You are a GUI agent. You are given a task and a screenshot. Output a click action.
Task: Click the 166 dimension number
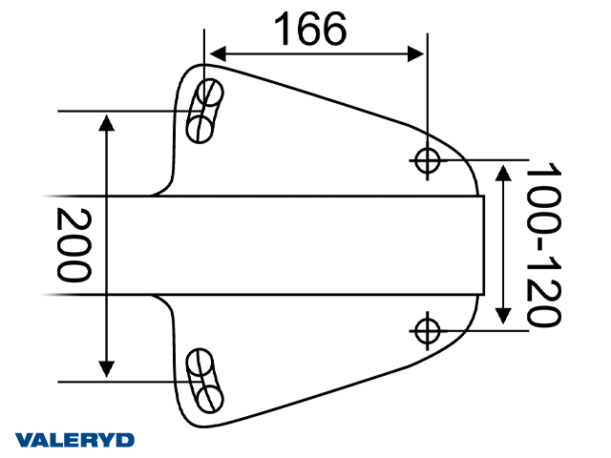coord(310,30)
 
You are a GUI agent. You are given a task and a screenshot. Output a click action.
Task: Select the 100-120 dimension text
coord(542,245)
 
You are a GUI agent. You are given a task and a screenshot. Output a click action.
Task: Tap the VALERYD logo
coord(75,440)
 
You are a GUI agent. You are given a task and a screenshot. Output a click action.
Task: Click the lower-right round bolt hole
coord(427,329)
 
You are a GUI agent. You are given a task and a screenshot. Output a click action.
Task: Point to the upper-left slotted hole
coord(204,111)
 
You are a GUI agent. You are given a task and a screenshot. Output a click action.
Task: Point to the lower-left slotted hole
coord(203,379)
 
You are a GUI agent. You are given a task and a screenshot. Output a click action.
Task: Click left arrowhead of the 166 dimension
coord(216,53)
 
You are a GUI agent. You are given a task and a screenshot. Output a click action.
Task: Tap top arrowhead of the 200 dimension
coord(107,119)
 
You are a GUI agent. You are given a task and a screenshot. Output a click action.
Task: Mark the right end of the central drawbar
coord(482,245)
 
